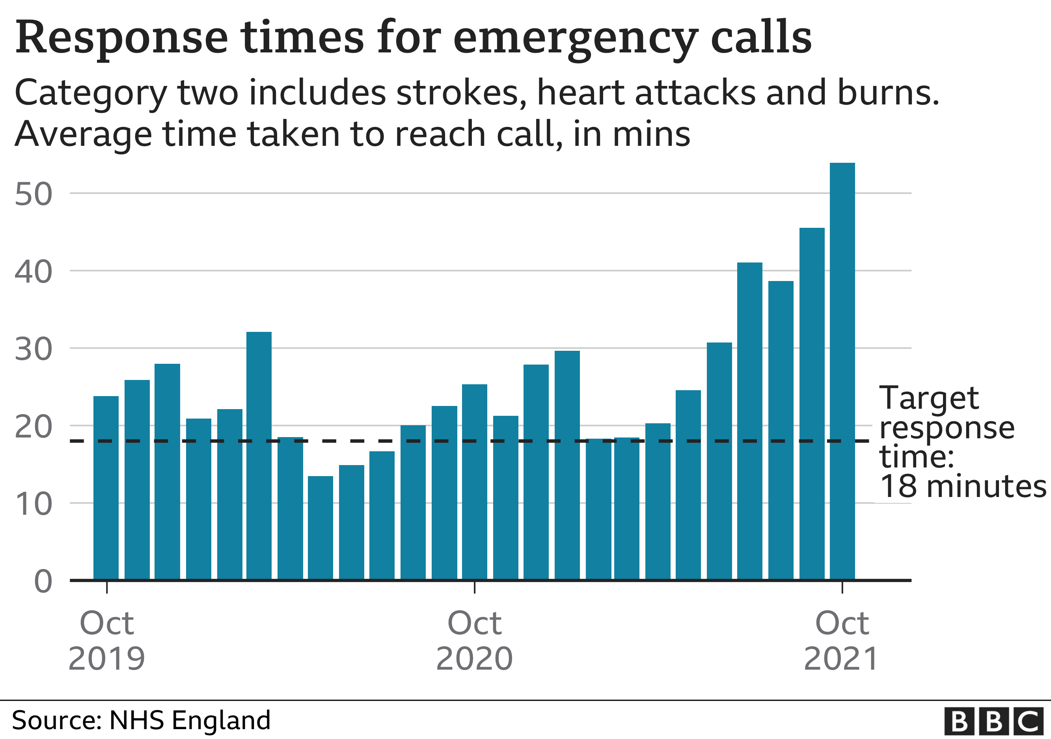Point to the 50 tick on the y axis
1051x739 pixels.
coord(34,194)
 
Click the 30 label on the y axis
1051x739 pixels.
coord(34,350)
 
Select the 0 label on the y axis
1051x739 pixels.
coord(43,582)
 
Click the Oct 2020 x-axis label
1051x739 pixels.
coord(474,640)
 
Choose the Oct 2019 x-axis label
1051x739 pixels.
coord(106,640)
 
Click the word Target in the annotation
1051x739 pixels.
coord(929,398)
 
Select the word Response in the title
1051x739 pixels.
coord(121,39)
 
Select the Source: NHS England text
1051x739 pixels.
coord(141,720)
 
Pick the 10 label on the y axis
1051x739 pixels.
coord(34,505)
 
